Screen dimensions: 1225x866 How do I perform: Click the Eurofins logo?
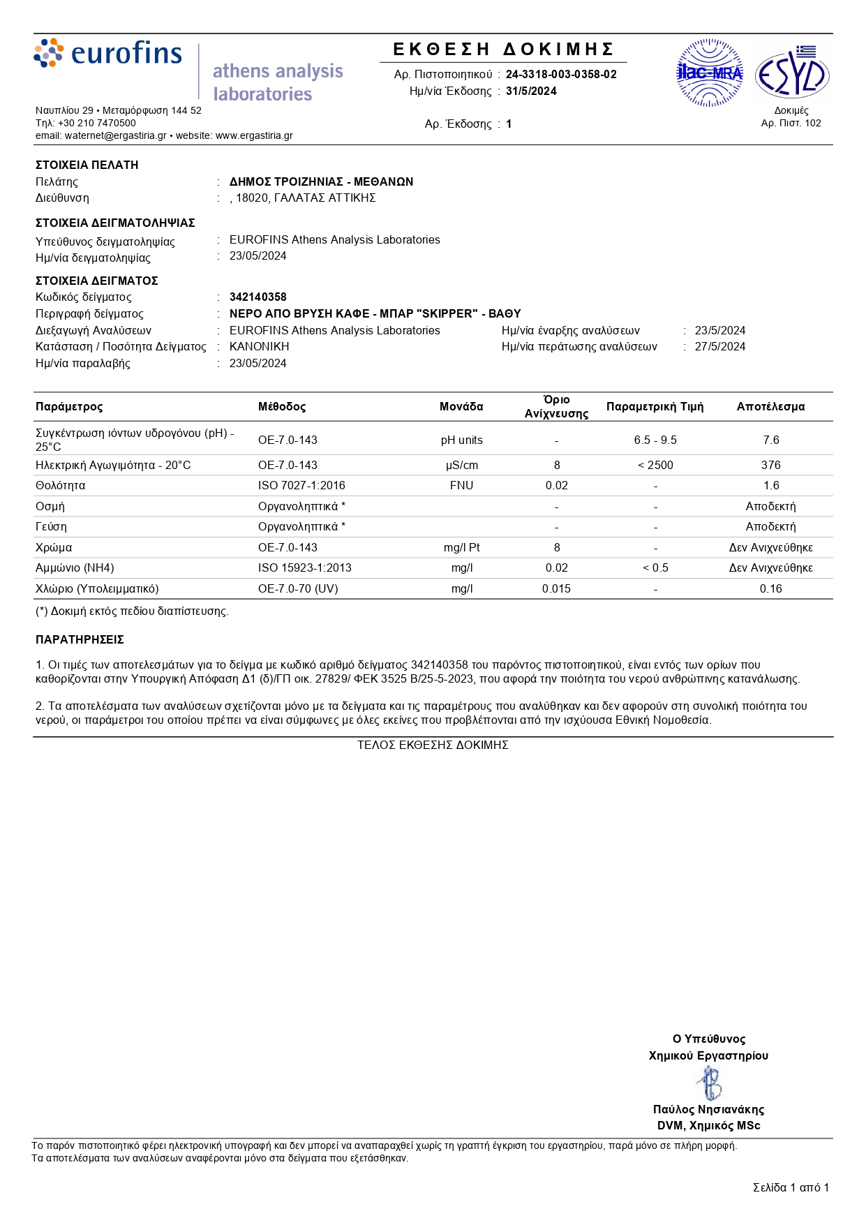[108, 53]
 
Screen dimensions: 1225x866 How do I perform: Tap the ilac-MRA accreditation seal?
[710, 73]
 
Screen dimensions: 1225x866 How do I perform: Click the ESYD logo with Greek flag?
[792, 73]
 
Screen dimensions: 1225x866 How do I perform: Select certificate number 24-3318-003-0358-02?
[561, 74]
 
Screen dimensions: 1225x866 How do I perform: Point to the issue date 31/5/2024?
[531, 91]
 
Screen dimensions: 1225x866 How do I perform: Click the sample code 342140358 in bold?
[258, 297]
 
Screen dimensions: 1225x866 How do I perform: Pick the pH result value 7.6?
[770, 440]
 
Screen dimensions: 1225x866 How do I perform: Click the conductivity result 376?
[770, 465]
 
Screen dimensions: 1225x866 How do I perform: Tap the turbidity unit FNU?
[461, 485]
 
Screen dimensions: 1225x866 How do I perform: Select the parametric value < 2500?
[655, 465]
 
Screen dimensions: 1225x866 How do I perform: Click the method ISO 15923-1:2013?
[305, 567]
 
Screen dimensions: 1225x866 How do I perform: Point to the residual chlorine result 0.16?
[770, 588]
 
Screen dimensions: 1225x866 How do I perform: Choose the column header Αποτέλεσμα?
[770, 406]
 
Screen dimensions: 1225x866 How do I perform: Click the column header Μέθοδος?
[282, 406]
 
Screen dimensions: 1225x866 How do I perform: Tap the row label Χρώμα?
[54, 547]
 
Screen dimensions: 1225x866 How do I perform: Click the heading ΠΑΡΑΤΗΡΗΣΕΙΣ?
[80, 639]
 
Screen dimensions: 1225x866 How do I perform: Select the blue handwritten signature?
[710, 1083]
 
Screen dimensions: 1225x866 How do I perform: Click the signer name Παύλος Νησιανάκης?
[708, 1109]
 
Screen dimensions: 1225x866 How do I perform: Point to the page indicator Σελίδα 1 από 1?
[791, 1187]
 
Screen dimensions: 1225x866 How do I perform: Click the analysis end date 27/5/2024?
[719, 346]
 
